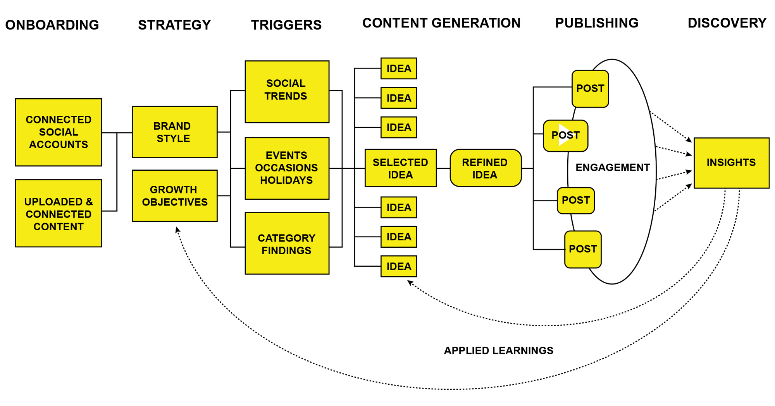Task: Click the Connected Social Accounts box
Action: tap(59, 132)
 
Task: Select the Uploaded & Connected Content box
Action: tap(59, 213)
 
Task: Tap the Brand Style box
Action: tap(175, 132)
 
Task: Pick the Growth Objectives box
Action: tap(175, 196)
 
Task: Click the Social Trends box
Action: tap(287, 92)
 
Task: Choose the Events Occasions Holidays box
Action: tap(287, 168)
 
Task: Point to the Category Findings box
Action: tap(287, 243)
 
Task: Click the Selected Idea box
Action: tap(400, 168)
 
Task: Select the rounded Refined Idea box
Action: tap(486, 168)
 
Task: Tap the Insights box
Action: tap(731, 163)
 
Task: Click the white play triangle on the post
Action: tap(564, 135)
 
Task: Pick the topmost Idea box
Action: tap(399, 69)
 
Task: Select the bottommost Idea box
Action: tap(399, 266)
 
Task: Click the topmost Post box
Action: tap(590, 89)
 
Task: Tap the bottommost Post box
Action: tap(583, 249)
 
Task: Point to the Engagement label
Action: tap(612, 167)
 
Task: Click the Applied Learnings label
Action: tap(498, 351)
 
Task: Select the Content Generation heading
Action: tap(441, 23)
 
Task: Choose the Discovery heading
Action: tap(727, 23)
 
